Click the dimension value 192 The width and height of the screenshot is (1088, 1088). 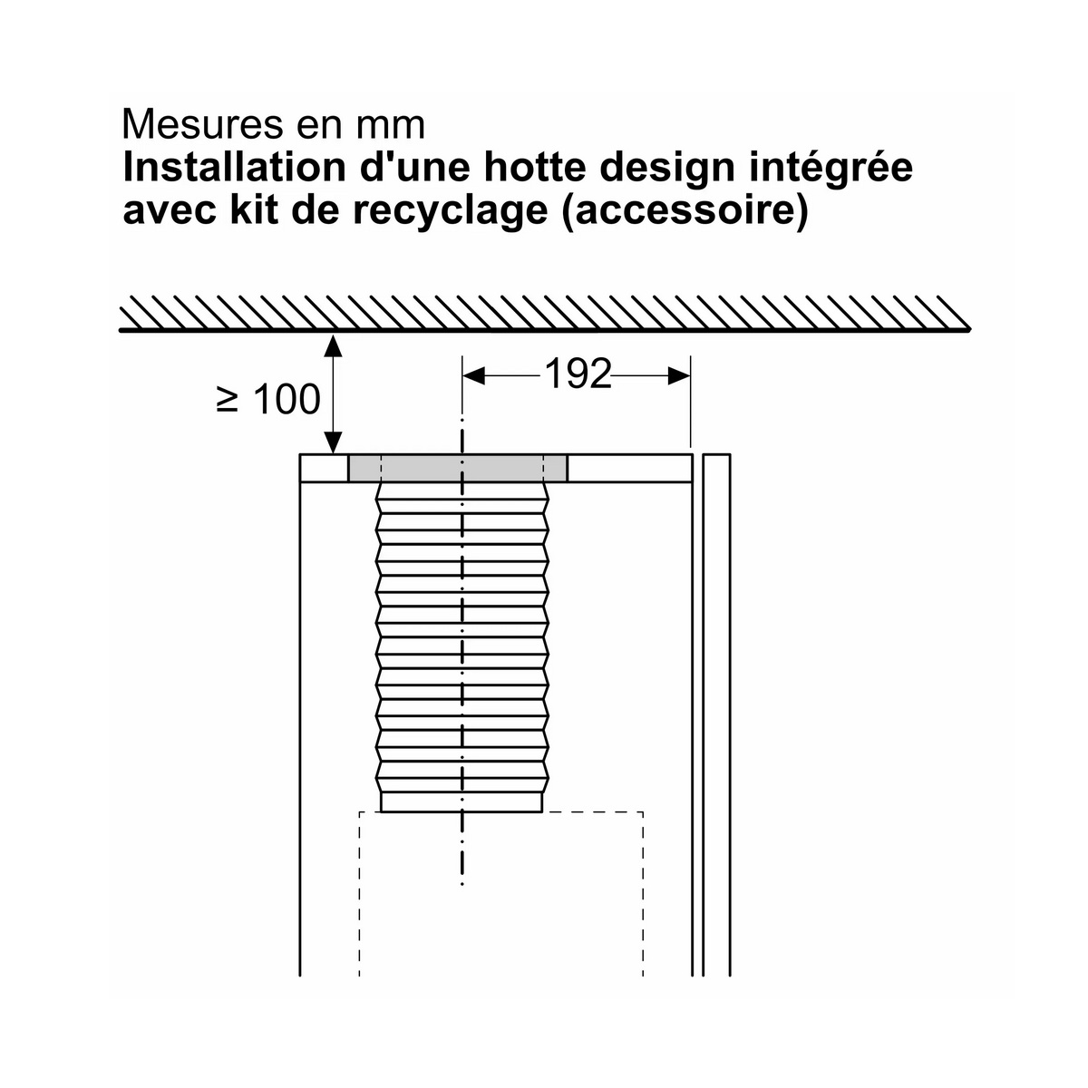tap(578, 374)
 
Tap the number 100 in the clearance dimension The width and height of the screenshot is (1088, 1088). tap(287, 400)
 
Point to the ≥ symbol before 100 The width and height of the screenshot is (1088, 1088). tap(227, 401)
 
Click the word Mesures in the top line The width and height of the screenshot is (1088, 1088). tap(200, 125)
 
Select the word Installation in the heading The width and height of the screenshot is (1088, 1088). tap(234, 168)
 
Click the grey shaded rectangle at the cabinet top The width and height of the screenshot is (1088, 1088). tap(457, 469)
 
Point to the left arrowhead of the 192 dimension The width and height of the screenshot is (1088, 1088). tap(473, 376)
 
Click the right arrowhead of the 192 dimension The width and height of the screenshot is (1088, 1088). tap(679, 376)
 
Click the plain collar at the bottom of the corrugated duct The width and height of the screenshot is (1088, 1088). tap(461, 801)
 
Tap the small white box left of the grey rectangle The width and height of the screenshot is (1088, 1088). tap(324, 469)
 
